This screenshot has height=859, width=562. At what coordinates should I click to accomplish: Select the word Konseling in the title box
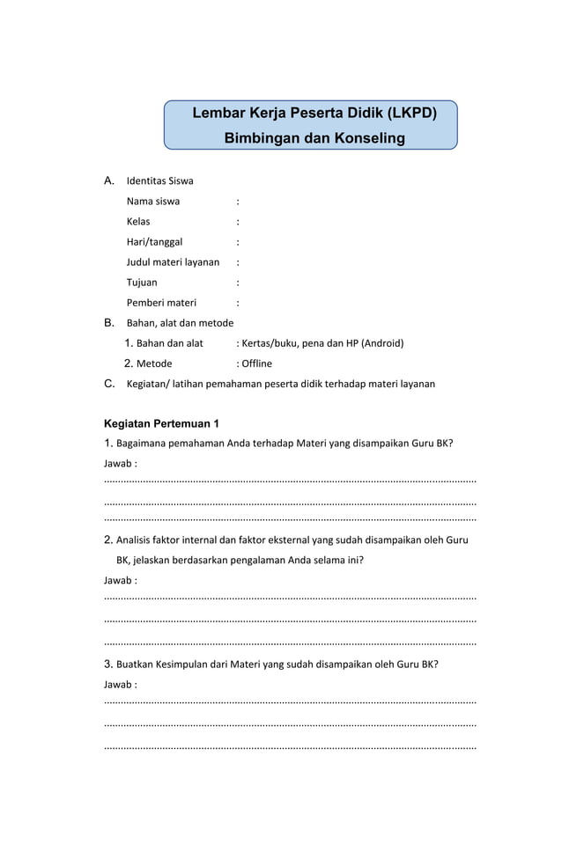click(x=368, y=138)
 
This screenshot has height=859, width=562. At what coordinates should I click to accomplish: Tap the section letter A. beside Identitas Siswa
click(x=109, y=180)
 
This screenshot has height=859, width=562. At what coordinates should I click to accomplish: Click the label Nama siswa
click(x=153, y=201)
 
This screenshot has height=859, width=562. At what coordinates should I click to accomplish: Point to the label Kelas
click(x=138, y=221)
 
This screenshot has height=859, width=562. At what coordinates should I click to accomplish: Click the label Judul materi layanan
click(x=173, y=261)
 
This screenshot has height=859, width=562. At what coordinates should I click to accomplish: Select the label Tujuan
click(x=142, y=283)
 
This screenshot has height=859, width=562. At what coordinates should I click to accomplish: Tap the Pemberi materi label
click(x=161, y=303)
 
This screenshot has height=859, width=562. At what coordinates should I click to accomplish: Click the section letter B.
click(x=109, y=323)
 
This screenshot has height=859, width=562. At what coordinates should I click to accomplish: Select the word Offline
click(x=256, y=363)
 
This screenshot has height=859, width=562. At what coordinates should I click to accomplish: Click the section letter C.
click(x=109, y=384)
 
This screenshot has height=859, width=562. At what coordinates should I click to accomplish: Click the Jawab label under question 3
click(x=120, y=684)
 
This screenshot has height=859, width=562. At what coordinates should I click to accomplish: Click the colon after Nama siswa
click(x=238, y=201)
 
